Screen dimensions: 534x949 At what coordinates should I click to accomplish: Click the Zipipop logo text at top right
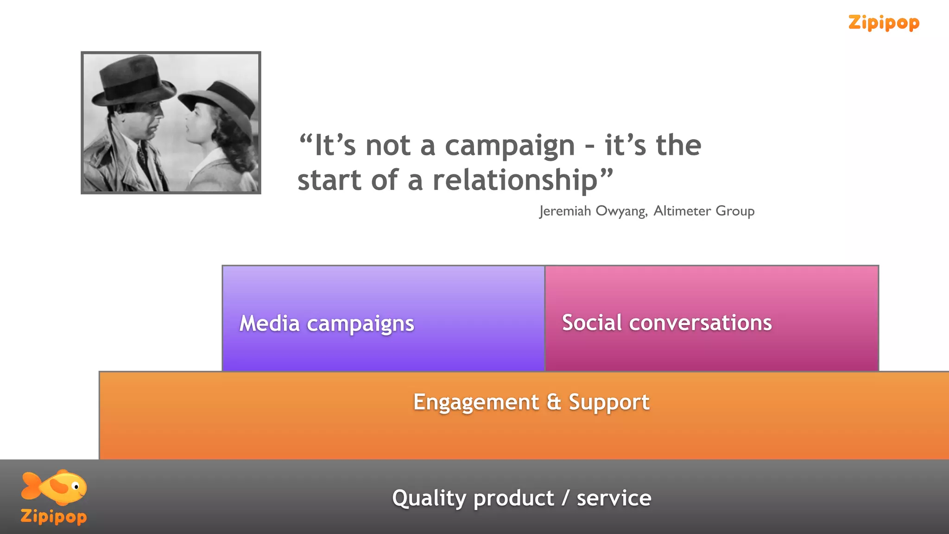tap(883, 23)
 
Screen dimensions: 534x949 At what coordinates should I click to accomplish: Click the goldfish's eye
tap(76, 487)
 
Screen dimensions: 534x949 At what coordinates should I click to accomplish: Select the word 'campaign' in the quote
tap(510, 146)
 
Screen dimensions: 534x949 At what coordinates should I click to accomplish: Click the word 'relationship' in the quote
tap(515, 181)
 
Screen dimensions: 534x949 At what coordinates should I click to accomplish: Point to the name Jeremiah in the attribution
tap(565, 211)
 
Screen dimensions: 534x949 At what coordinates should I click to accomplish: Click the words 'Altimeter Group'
tap(704, 211)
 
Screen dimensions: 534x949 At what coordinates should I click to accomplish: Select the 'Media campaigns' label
tap(327, 324)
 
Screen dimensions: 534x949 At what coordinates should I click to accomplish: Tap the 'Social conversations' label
tap(667, 323)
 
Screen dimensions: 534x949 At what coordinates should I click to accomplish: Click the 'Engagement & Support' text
tap(531, 402)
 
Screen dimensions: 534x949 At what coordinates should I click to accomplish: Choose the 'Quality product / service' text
tap(521, 498)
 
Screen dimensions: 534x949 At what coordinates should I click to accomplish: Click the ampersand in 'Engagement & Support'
tap(554, 402)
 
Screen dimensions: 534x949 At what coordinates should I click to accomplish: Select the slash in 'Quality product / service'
tap(565, 498)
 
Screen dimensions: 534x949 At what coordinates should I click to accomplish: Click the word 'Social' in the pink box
tap(592, 323)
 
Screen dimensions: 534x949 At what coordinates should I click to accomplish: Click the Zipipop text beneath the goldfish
tap(54, 516)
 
